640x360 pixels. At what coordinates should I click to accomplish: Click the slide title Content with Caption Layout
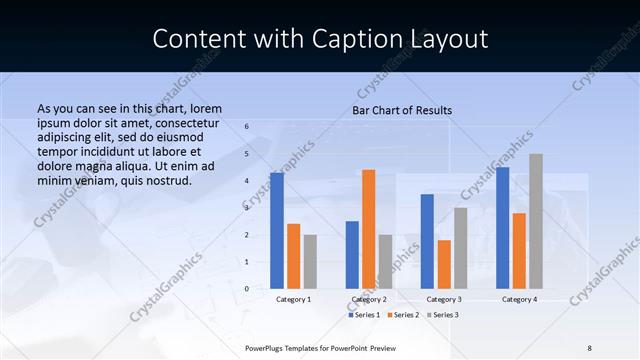pos(320,38)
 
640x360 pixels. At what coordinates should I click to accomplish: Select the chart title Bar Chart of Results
pos(402,110)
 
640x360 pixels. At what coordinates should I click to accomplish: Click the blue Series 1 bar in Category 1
pos(277,230)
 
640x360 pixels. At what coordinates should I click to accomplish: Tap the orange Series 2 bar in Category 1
pos(293,256)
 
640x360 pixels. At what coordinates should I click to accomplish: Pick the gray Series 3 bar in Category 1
pos(310,261)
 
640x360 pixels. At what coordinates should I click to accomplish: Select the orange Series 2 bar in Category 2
pos(369,229)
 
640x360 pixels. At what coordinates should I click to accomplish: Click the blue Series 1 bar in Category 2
pos(352,254)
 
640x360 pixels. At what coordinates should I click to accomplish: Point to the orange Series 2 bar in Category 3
pos(444,264)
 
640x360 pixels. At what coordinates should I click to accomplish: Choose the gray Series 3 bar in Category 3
pos(460,247)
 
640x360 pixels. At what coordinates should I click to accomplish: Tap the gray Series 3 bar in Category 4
pos(536,221)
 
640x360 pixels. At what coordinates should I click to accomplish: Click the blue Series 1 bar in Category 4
pos(502,227)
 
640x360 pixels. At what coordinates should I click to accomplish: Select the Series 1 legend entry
pos(364,315)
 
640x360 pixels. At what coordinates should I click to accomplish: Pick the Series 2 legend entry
pos(402,315)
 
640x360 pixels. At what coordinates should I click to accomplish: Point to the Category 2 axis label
pos(369,299)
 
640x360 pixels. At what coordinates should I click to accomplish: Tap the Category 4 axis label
pos(519,299)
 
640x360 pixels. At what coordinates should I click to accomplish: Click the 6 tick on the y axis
pos(247,127)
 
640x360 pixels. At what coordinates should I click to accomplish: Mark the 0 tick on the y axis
pos(247,288)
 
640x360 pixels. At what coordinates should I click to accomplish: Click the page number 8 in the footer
pos(589,347)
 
